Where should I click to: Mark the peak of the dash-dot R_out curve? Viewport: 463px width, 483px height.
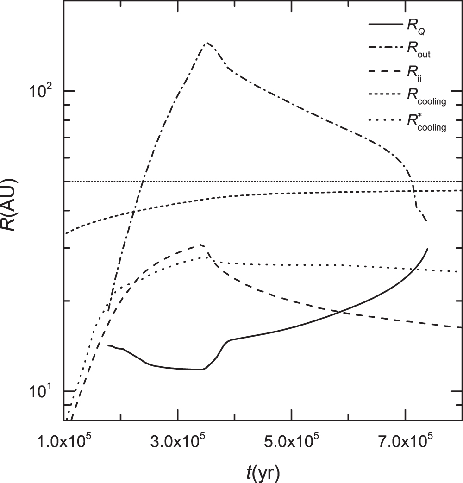[x=207, y=43]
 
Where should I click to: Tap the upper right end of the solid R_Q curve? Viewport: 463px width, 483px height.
[x=427, y=249]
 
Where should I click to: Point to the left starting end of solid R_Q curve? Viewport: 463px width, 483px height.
[x=108, y=345]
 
